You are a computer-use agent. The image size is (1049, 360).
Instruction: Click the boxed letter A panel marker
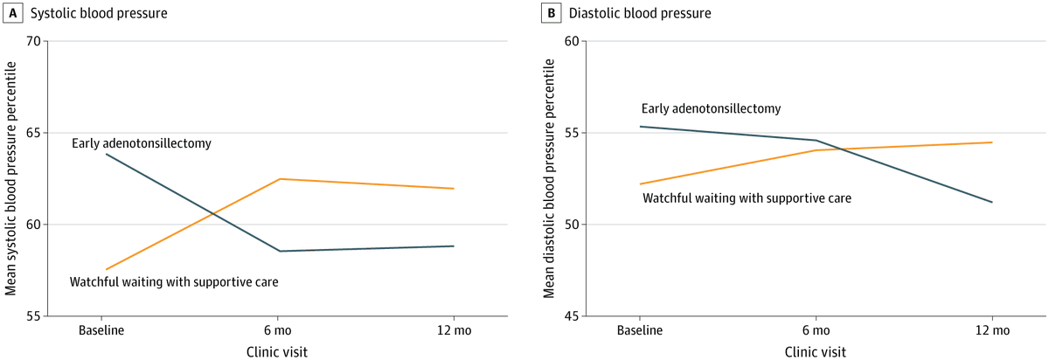(12, 13)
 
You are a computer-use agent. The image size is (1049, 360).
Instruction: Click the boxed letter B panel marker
(551, 13)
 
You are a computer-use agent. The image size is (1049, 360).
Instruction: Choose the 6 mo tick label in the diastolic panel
(816, 330)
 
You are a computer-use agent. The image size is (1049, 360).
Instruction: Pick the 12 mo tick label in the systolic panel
(454, 330)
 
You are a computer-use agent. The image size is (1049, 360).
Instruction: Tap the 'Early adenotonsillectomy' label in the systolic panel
(142, 142)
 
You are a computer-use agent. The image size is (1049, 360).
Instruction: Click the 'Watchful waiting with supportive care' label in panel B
(747, 198)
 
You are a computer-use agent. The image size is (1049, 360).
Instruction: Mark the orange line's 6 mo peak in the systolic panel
(279, 178)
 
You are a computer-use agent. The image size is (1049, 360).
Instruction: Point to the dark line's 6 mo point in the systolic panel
(279, 251)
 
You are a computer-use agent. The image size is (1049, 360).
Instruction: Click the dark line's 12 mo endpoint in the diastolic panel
(992, 202)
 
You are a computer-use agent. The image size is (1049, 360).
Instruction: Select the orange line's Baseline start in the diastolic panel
(640, 183)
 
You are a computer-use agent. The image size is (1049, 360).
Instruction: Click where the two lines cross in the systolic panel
(212, 211)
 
